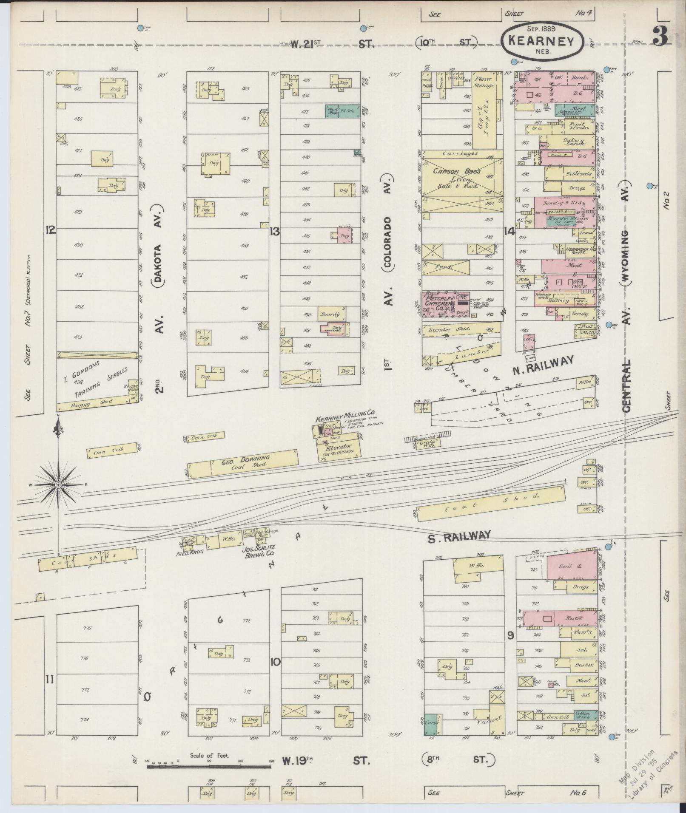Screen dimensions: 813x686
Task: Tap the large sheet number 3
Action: [x=660, y=37]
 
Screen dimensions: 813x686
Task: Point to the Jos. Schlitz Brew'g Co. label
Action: [x=258, y=551]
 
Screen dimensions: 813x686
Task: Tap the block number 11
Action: [x=50, y=680]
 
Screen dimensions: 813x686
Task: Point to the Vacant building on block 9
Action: [x=488, y=720]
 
